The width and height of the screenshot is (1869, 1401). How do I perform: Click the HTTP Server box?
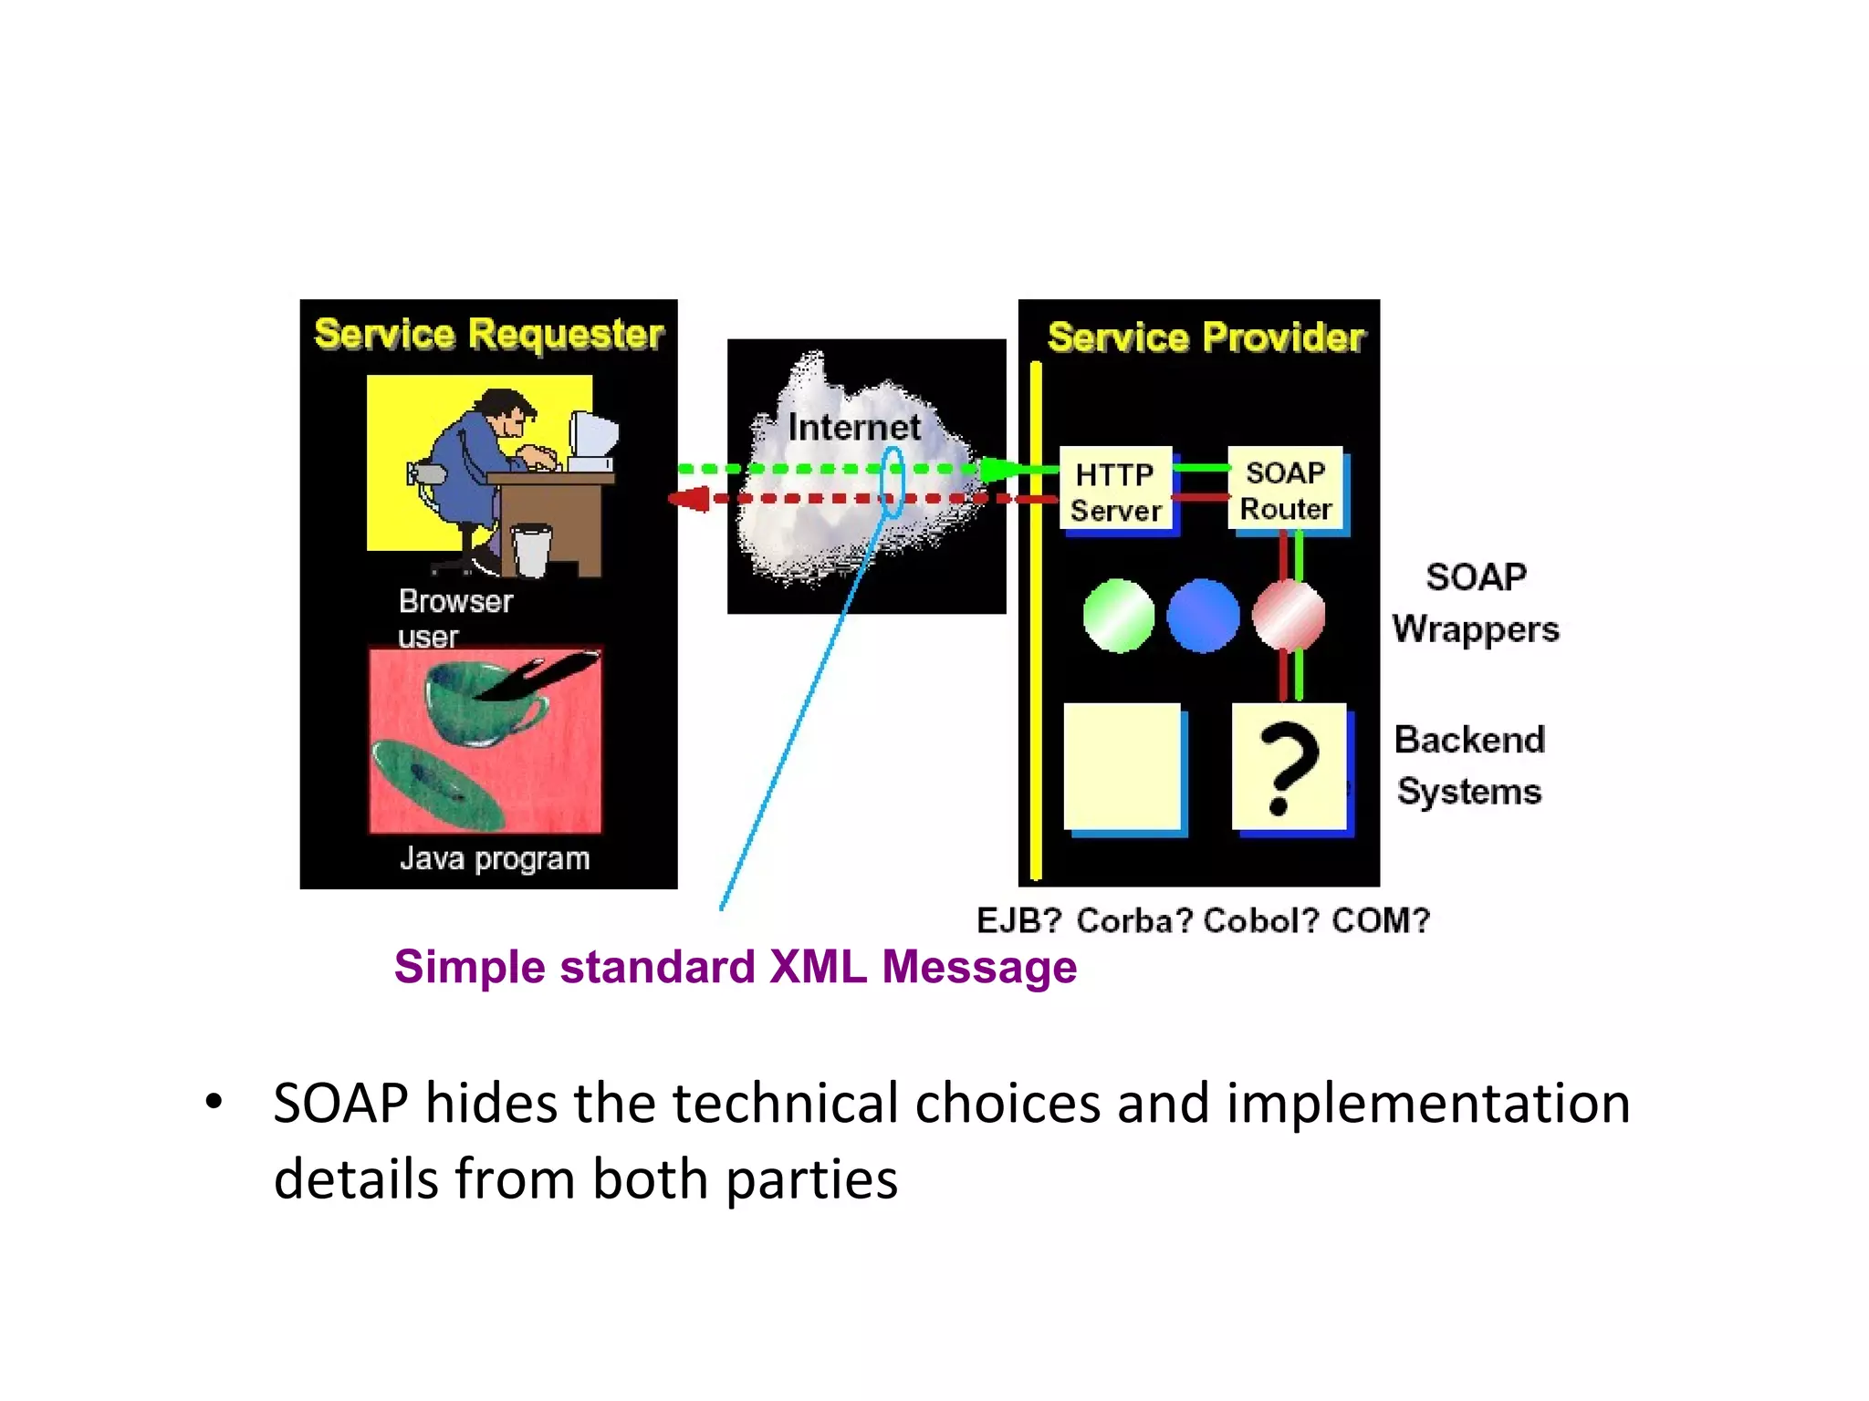tap(1115, 491)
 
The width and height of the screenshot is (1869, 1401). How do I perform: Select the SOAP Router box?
tap(1285, 489)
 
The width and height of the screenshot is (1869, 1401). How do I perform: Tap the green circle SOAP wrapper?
tap(1118, 616)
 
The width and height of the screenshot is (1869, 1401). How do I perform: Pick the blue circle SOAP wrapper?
tap(1203, 616)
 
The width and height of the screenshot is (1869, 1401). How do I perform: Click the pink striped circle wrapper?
tap(1288, 616)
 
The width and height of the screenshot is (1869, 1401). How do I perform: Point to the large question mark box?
tap(1289, 766)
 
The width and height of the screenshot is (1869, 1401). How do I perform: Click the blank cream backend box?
tap(1122, 766)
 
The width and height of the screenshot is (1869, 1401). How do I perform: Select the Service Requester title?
tap(488, 334)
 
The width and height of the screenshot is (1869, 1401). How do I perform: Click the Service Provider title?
tap(1206, 337)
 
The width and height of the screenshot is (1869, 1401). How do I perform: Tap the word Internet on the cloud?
tap(853, 427)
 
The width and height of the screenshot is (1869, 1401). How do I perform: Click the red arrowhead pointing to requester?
tap(691, 499)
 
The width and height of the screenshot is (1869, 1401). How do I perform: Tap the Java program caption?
tap(495, 858)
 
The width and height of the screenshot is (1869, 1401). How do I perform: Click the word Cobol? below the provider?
tap(1260, 920)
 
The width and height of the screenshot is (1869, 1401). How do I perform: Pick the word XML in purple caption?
tap(818, 967)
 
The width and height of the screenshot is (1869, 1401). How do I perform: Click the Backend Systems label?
tap(1469, 764)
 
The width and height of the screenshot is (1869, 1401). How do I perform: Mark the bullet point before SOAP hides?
tap(214, 1102)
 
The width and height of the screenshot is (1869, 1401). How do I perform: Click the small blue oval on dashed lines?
tap(892, 482)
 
